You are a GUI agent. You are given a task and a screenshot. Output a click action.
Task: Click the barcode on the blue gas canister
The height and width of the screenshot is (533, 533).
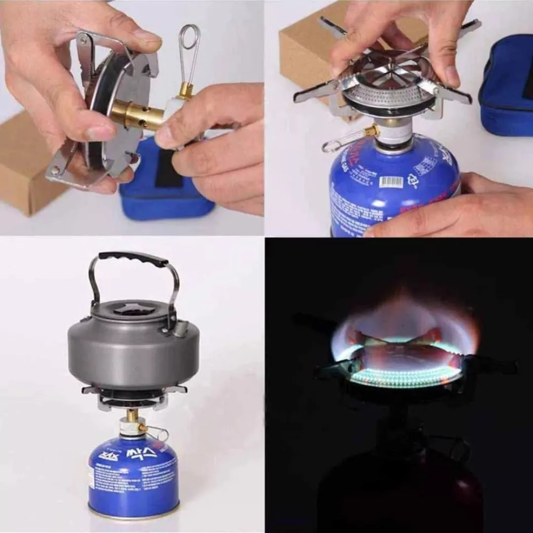tap(391, 182)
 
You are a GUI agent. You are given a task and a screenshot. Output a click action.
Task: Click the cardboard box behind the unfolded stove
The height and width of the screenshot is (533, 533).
tap(306, 49)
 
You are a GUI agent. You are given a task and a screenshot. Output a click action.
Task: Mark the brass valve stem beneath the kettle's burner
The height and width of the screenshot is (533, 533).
tap(132, 416)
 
